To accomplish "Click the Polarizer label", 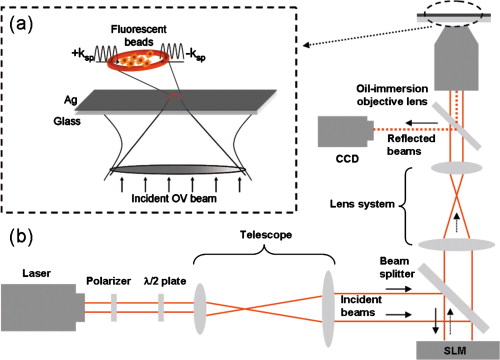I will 114,271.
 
